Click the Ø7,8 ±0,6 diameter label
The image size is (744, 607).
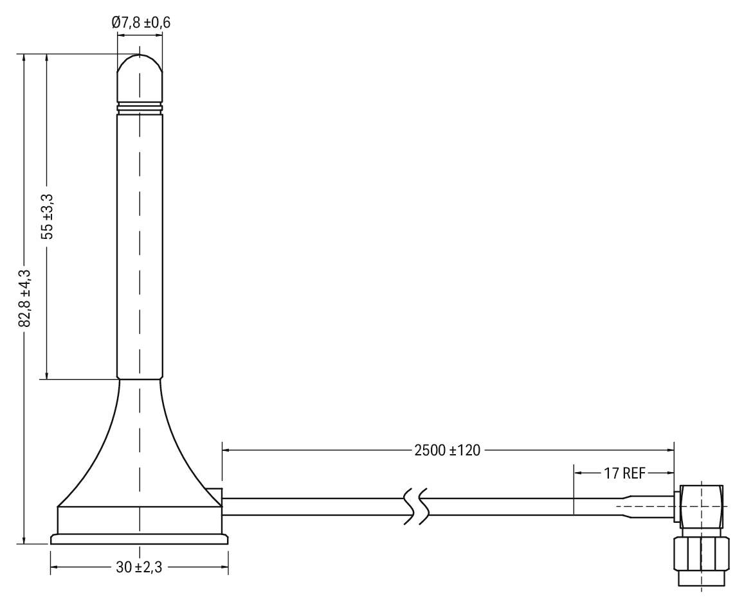click(x=141, y=22)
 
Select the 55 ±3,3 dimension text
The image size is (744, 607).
click(x=48, y=216)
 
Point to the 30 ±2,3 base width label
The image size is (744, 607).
click(x=140, y=567)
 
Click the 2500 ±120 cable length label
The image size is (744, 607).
click(x=448, y=450)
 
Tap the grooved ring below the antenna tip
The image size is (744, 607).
click(x=140, y=107)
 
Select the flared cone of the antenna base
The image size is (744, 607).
click(x=140, y=450)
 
